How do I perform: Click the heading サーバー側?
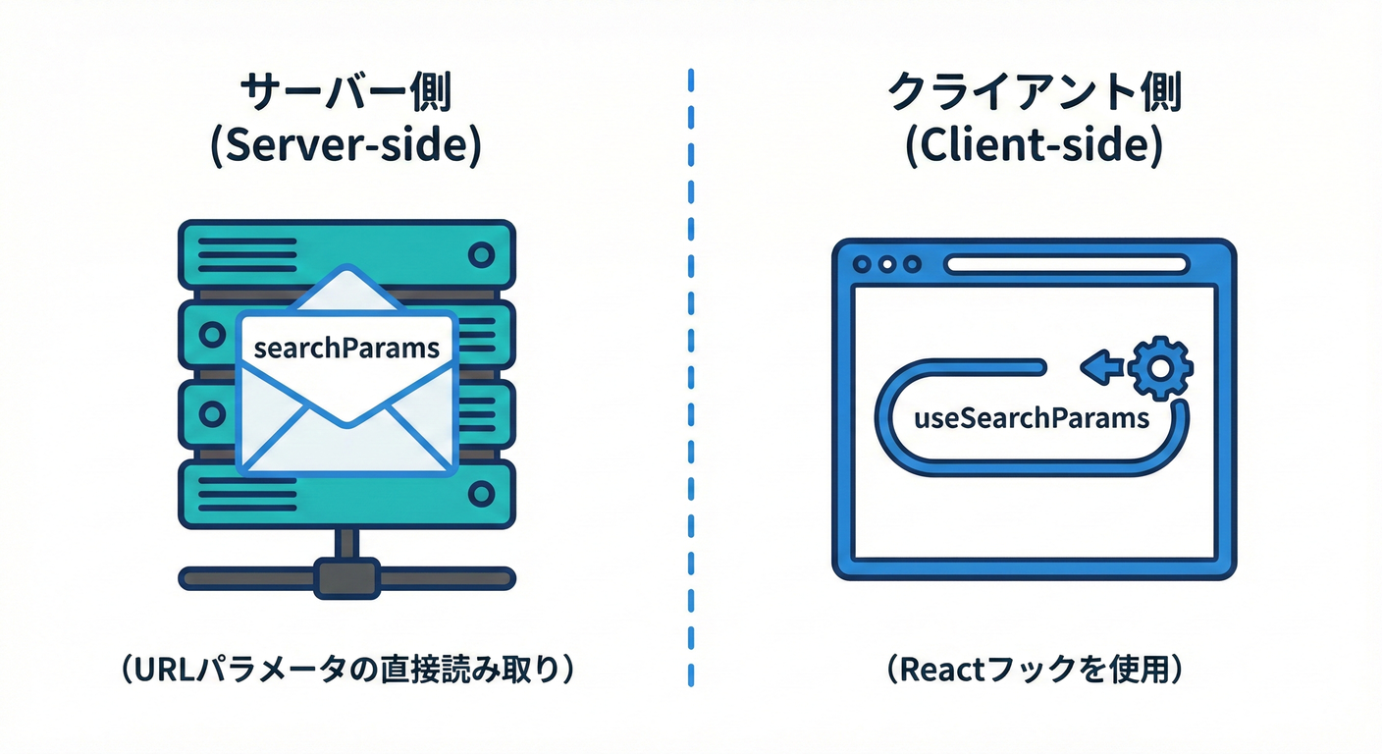point(345,95)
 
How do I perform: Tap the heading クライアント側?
point(1034,95)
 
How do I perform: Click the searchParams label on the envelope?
point(346,348)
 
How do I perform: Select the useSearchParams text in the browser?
point(1031,418)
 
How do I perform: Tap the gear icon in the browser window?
point(1159,368)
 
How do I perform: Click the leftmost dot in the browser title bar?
point(864,265)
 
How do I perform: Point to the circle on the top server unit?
point(480,255)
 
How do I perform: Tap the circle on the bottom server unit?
point(480,493)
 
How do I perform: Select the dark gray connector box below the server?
point(345,577)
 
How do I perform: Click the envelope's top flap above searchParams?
point(346,291)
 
